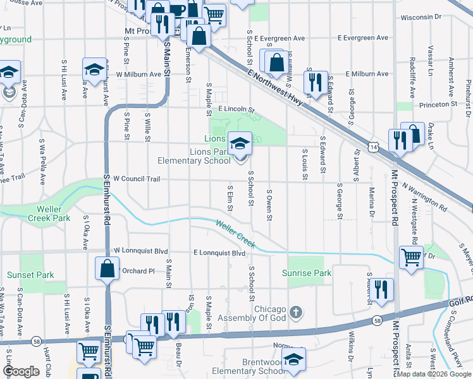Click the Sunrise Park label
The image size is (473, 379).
coord(310,274)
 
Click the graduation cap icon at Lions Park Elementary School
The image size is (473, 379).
coord(240,143)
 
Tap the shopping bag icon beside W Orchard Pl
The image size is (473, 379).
coord(107,268)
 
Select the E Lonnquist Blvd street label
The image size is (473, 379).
coord(219,253)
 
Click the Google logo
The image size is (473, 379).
coord(21,371)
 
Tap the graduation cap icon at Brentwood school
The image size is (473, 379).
coord(293,359)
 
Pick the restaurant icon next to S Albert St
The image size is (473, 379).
coord(381,289)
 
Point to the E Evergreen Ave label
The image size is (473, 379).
coord(362,38)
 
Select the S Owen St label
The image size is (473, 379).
coord(269,205)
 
